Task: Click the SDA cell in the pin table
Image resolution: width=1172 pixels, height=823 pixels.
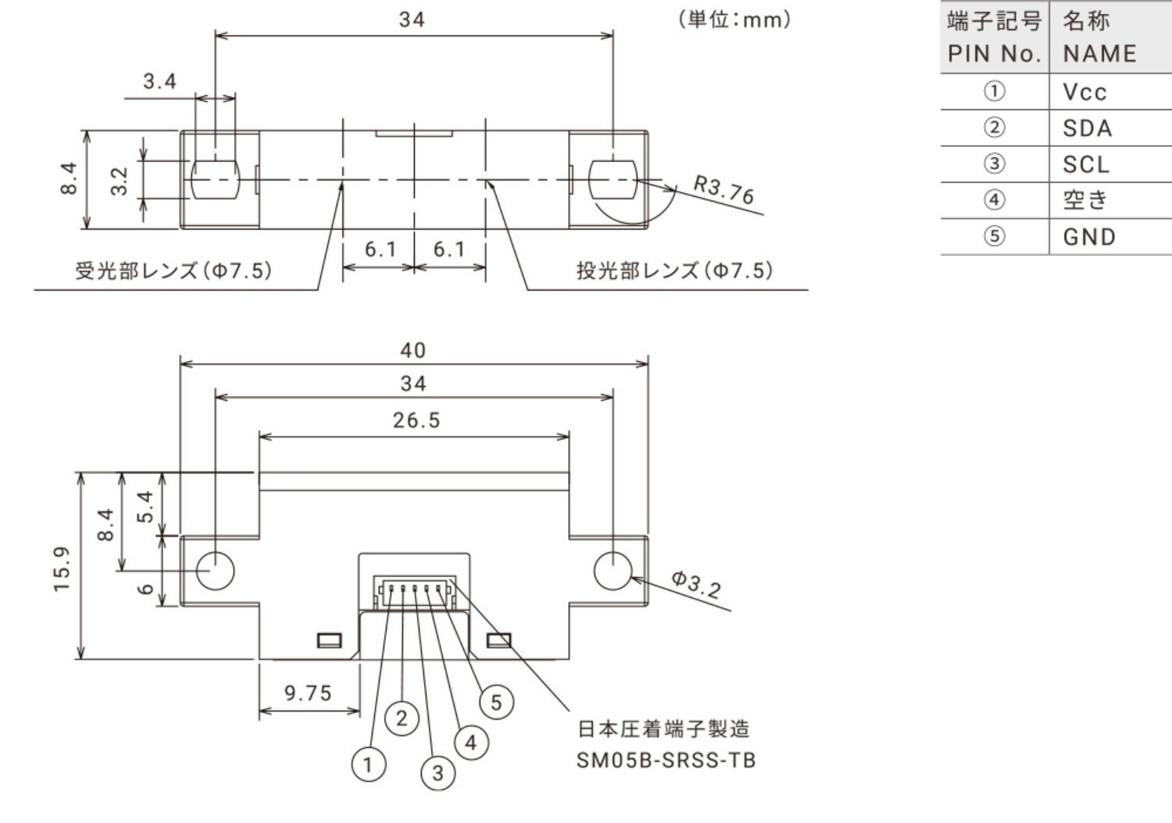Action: pos(1087,128)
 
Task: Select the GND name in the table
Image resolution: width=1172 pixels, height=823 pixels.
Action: pos(1089,237)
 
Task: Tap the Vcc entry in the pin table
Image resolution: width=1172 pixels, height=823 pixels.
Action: pos(1084,92)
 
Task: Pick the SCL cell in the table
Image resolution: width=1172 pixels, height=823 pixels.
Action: pos(1086,164)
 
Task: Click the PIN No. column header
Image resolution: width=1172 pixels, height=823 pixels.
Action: pos(994,53)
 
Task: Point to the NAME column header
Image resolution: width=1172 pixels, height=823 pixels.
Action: pos(1100,53)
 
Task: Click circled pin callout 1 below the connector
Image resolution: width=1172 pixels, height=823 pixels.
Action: pos(368,764)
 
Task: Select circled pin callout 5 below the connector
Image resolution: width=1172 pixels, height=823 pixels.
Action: pos(496,702)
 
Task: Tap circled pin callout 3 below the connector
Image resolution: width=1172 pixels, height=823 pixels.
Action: pos(438,773)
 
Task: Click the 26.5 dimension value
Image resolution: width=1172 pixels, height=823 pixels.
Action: pos(416,420)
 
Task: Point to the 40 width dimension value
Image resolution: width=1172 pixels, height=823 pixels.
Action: pos(413,350)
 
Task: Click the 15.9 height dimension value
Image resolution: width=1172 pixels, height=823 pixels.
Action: pos(63,568)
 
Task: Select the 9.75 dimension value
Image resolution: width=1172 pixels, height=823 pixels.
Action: pos(308,693)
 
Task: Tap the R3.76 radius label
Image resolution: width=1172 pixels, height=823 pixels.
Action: pos(724,190)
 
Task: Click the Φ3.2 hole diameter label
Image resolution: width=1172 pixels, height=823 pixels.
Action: pos(696,584)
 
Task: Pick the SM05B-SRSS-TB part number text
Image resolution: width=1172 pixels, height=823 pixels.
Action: pos(666,760)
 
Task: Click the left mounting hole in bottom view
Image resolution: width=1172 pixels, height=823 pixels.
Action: pos(215,571)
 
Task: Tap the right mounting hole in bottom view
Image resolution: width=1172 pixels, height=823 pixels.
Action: pos(613,571)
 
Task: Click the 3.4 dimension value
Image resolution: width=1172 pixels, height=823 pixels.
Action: pos(160,81)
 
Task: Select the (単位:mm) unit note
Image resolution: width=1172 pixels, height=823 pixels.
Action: pos(734,20)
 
